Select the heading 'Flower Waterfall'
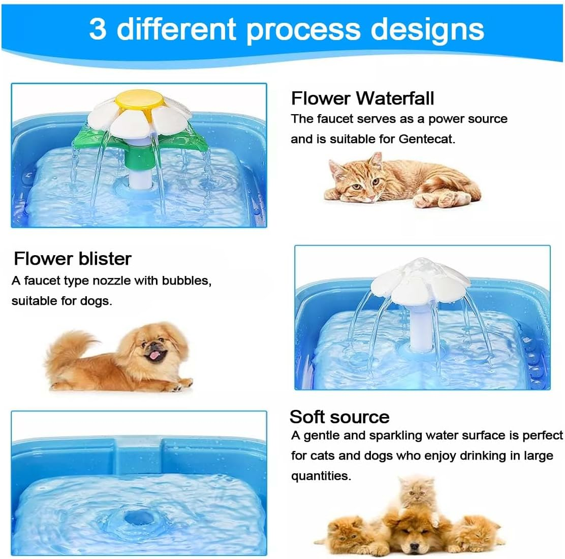[362, 97]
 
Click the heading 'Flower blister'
[73, 259]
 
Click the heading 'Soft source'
[339, 416]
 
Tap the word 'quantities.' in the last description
[321, 476]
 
